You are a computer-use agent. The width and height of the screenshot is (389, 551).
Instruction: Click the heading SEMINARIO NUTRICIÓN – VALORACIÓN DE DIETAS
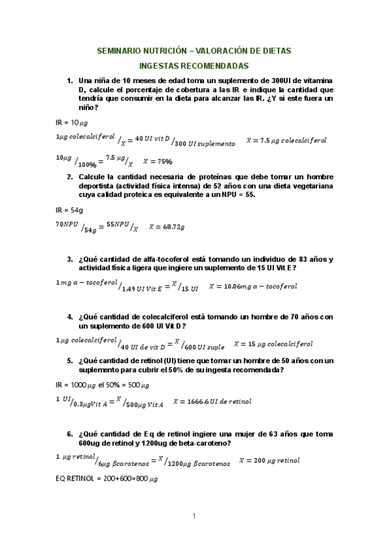[194, 50]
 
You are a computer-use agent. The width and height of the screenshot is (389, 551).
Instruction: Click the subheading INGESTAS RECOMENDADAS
[194, 66]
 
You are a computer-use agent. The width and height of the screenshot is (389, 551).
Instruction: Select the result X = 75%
[157, 162]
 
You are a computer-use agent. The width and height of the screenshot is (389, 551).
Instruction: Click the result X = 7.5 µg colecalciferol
[286, 140]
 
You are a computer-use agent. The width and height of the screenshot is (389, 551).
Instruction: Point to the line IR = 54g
[69, 210]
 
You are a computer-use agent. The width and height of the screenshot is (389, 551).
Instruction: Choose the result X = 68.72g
[167, 227]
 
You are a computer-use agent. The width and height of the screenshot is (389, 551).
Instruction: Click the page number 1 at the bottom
[194, 517]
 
